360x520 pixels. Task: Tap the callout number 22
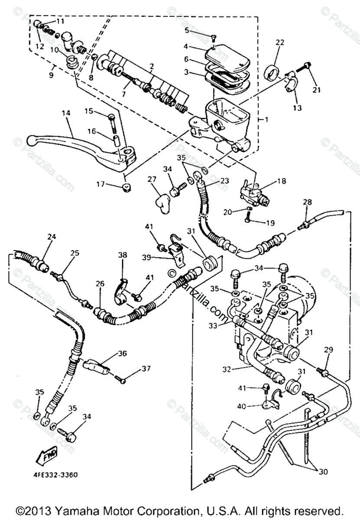(280, 42)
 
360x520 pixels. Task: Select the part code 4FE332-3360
(55, 475)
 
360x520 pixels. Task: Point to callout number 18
(282, 181)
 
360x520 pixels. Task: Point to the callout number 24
(52, 237)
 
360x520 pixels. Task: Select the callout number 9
(52, 75)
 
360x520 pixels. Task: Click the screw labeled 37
(121, 380)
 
